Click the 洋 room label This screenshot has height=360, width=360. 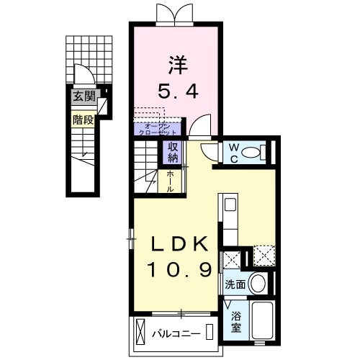point(178,66)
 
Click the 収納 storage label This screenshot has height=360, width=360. point(174,152)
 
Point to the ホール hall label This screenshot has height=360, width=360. point(171,181)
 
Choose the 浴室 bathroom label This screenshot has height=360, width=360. point(235,321)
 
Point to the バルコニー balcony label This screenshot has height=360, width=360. point(175,333)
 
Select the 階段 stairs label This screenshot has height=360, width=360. point(83,120)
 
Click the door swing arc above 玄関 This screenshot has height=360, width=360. point(84,75)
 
